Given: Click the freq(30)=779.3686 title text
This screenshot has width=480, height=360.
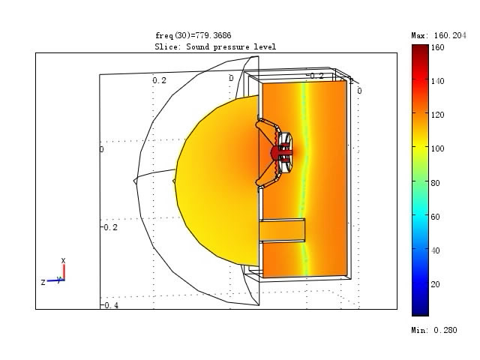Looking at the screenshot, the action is (193, 35).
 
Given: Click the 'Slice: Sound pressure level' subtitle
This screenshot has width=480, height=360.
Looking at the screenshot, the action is (215, 46).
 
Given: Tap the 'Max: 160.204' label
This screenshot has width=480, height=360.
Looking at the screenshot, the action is (439, 35).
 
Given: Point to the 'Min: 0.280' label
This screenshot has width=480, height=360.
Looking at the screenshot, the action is (434, 330).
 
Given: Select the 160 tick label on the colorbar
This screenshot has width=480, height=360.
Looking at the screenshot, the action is (437, 47).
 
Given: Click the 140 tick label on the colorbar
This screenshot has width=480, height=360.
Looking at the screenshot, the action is (437, 81).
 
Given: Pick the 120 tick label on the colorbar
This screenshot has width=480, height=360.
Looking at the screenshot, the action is (437, 115).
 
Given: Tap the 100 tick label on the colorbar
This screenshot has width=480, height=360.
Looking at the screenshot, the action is (437, 148).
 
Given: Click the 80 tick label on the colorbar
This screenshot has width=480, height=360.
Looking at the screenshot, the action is (435, 183).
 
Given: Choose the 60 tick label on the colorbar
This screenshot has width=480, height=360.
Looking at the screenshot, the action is (435, 217).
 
